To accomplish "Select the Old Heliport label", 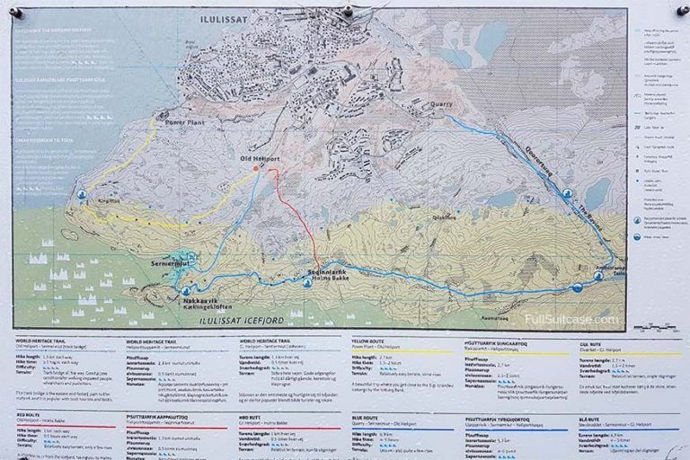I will click(260, 160).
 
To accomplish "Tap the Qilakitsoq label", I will click(446, 217).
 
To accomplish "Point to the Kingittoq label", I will click(107, 201).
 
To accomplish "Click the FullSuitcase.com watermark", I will click(574, 319).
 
